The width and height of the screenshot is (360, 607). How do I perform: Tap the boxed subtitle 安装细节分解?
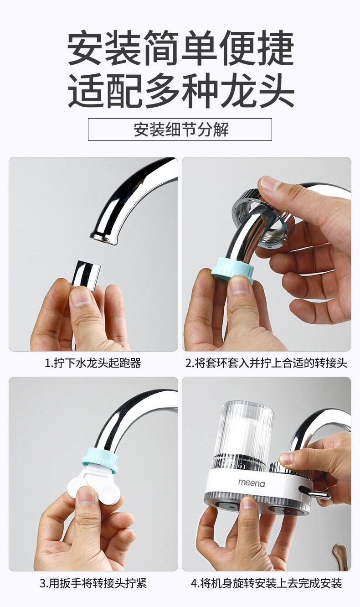[x=180, y=130]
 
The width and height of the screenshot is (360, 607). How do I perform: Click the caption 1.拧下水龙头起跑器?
[x=93, y=363]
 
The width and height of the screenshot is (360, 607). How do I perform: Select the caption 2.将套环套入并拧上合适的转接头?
[x=266, y=363]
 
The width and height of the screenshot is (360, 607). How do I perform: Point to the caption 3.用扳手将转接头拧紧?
[x=93, y=583]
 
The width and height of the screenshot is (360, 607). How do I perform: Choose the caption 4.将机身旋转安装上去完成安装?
[x=266, y=583]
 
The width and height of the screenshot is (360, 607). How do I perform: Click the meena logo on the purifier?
[x=251, y=482]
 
